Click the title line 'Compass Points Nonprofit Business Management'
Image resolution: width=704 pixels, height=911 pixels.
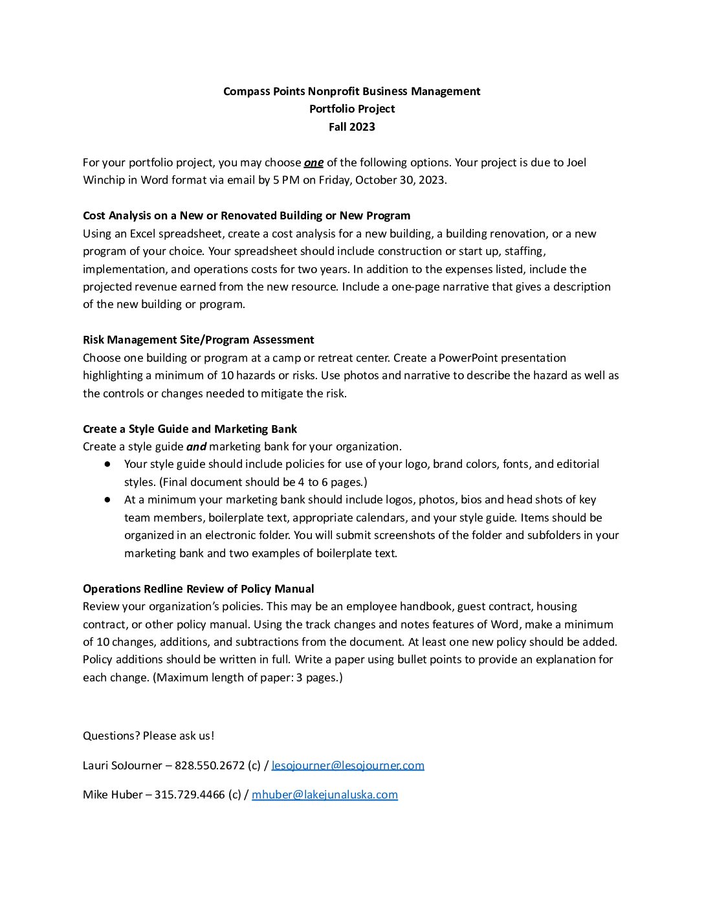(x=351, y=91)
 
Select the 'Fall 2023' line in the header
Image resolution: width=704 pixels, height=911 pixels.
(x=351, y=127)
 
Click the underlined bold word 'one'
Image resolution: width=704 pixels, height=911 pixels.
(x=313, y=162)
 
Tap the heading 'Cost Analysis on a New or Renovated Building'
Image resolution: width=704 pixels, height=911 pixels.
(x=246, y=215)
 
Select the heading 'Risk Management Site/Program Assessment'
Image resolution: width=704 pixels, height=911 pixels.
(x=198, y=340)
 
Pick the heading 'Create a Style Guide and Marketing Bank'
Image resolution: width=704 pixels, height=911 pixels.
(x=190, y=429)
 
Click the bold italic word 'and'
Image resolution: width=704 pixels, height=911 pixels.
(x=196, y=446)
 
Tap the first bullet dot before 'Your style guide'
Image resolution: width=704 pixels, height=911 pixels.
(x=107, y=464)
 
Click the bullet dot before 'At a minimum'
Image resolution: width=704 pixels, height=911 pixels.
(x=107, y=499)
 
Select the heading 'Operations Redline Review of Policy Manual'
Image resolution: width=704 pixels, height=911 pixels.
(x=198, y=589)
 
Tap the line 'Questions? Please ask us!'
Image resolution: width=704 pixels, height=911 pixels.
(x=148, y=736)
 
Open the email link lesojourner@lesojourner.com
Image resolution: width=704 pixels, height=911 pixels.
(x=347, y=765)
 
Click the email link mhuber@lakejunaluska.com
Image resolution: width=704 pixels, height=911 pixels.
(x=324, y=795)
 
